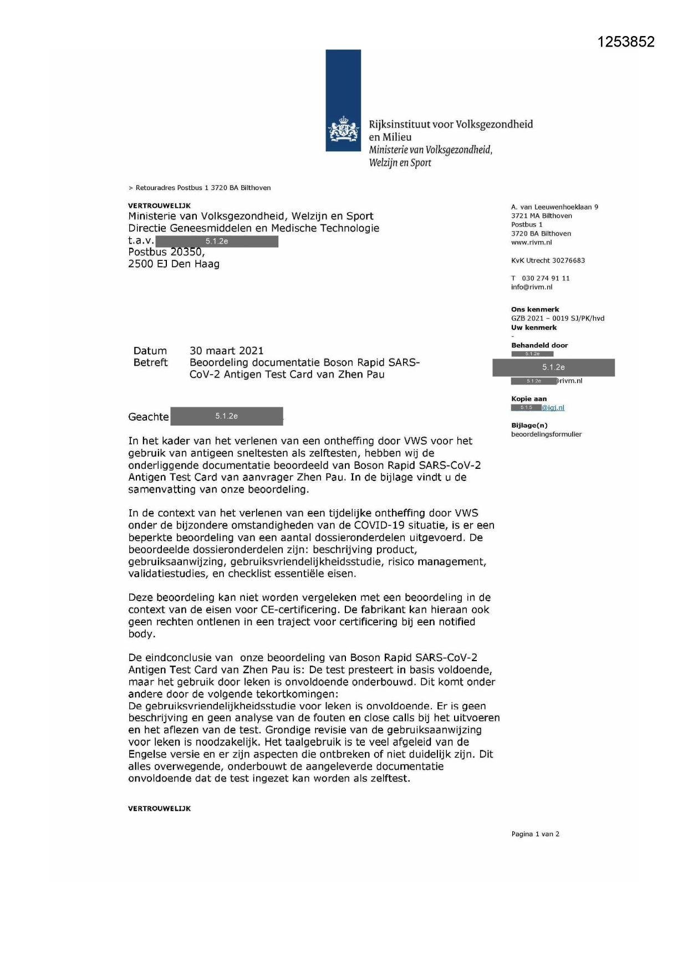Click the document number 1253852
point(626,42)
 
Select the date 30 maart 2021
point(226,351)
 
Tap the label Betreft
point(150,362)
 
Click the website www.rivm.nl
point(531,243)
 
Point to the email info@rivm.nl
point(531,287)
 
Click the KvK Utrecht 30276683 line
point(548,260)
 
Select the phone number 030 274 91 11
point(546,278)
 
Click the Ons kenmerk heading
point(534,310)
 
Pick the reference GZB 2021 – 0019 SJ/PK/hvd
point(557,319)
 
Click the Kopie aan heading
point(528,399)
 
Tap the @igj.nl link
point(553,408)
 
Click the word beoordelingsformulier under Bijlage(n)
point(546,434)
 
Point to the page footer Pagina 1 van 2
point(535,834)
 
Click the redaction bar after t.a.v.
point(217,242)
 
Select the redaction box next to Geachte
point(226,416)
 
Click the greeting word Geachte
point(148,417)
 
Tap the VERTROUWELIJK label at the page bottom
point(159,809)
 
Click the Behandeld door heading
point(539,345)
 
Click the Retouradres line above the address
point(200,188)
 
